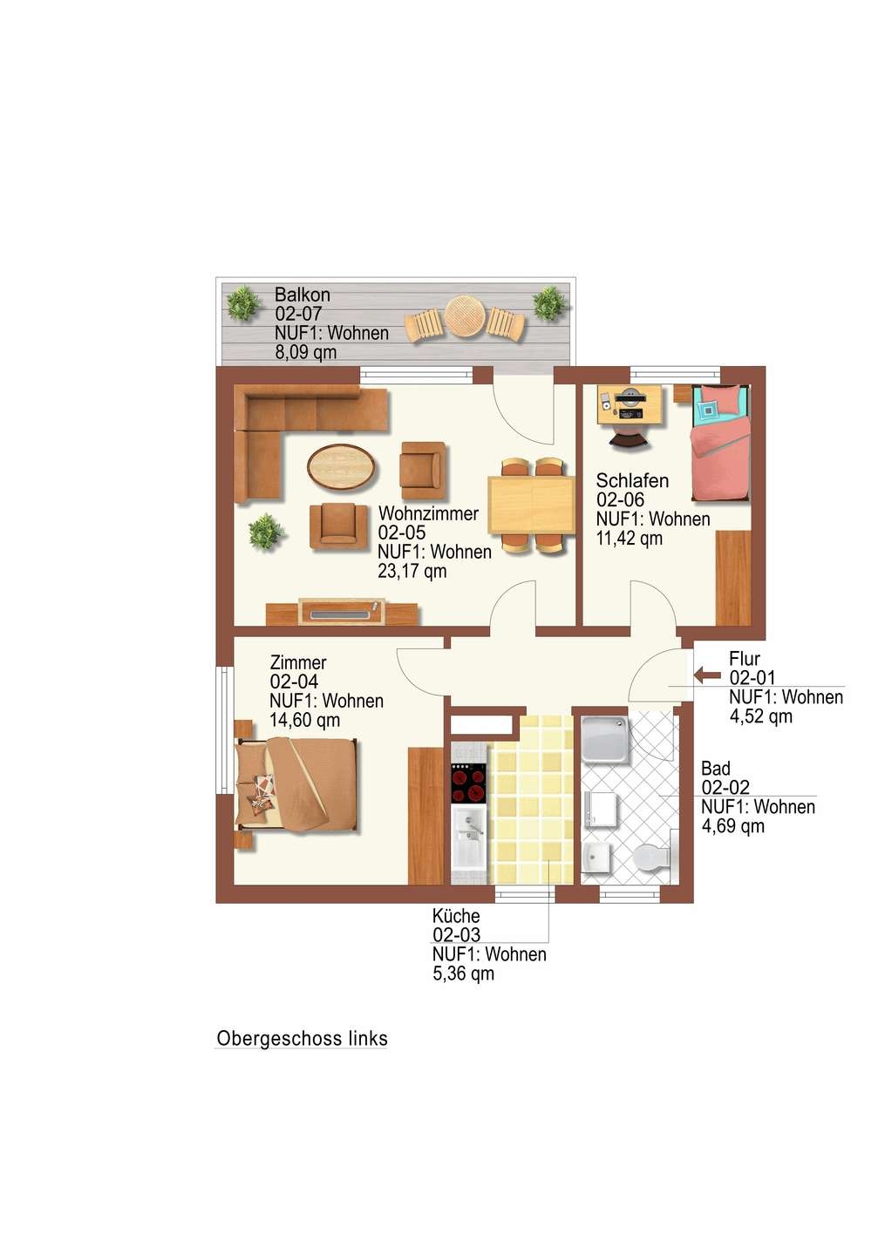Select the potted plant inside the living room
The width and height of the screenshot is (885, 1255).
266,531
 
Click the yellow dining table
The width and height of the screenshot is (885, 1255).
531,505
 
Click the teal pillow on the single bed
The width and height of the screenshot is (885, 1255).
710,410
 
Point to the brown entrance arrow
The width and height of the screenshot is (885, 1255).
708,675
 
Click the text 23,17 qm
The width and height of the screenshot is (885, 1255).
412,572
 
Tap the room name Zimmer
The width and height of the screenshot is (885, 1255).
298,662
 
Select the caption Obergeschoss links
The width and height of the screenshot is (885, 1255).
302,1038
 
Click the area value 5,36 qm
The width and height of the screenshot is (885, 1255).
464,973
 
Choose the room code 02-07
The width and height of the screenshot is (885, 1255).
298,313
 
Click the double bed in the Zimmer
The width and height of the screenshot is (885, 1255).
297,782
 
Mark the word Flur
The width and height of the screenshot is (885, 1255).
745,659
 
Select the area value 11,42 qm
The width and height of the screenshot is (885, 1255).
630,539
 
